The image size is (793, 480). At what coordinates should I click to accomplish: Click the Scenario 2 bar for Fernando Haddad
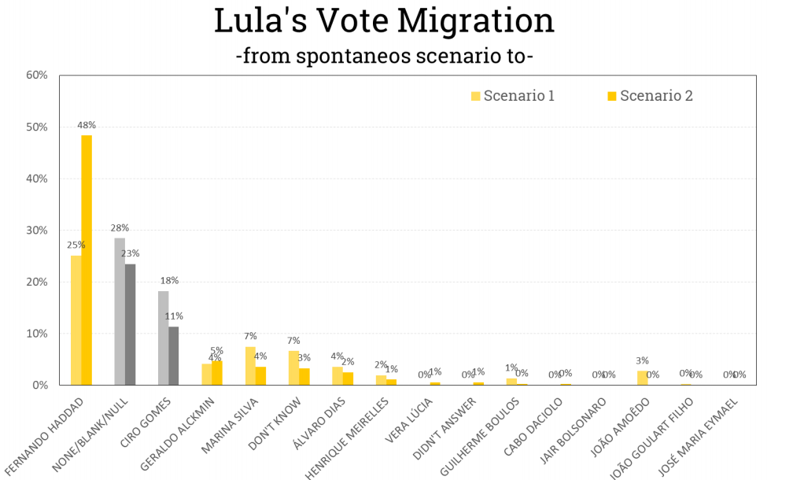pyautogui.click(x=87, y=260)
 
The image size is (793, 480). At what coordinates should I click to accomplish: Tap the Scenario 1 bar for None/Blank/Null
pyautogui.click(x=120, y=312)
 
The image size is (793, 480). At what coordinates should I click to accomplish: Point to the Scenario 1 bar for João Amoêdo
pyautogui.click(x=642, y=378)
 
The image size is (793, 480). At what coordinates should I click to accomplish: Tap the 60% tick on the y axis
pyautogui.click(x=37, y=76)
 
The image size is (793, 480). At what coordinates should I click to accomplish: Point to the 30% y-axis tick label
pyautogui.click(x=37, y=231)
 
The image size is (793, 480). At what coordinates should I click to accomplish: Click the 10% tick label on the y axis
pyautogui.click(x=37, y=334)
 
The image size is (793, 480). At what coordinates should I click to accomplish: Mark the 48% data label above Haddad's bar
pyautogui.click(x=87, y=125)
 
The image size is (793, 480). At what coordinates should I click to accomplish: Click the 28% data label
pyautogui.click(x=120, y=228)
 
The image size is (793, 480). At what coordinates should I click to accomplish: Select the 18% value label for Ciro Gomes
pyautogui.click(x=169, y=281)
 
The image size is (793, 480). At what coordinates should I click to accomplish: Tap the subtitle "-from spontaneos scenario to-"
pyautogui.click(x=385, y=56)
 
